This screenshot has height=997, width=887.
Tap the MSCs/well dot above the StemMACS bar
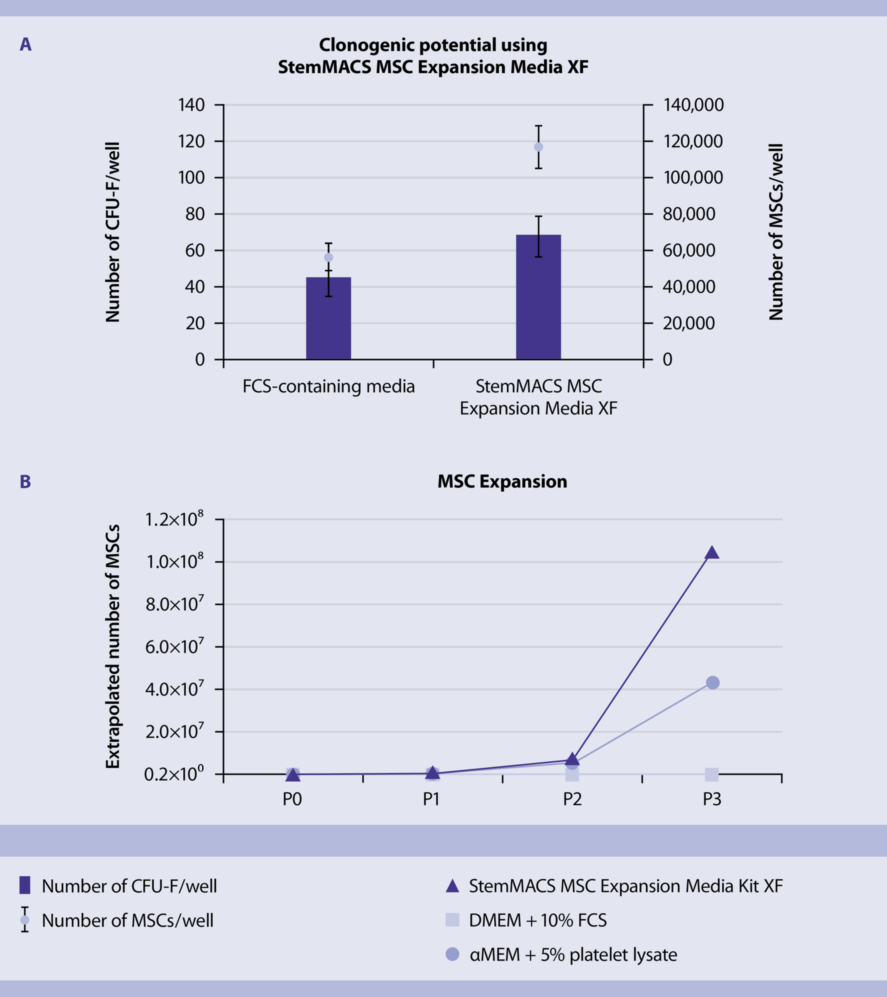pos(539,147)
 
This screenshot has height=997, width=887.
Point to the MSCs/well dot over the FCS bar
pos(328,257)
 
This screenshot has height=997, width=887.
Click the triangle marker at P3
pos(712,553)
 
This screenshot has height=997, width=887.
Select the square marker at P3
pos(712,774)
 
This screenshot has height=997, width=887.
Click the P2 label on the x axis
pos(572,800)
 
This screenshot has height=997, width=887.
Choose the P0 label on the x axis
pos(292,800)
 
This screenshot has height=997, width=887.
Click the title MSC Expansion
pos(502,481)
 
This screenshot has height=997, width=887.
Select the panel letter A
pos(25,45)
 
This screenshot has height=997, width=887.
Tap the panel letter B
pos(25,482)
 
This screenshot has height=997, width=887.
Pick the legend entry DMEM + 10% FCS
pos(537,920)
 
